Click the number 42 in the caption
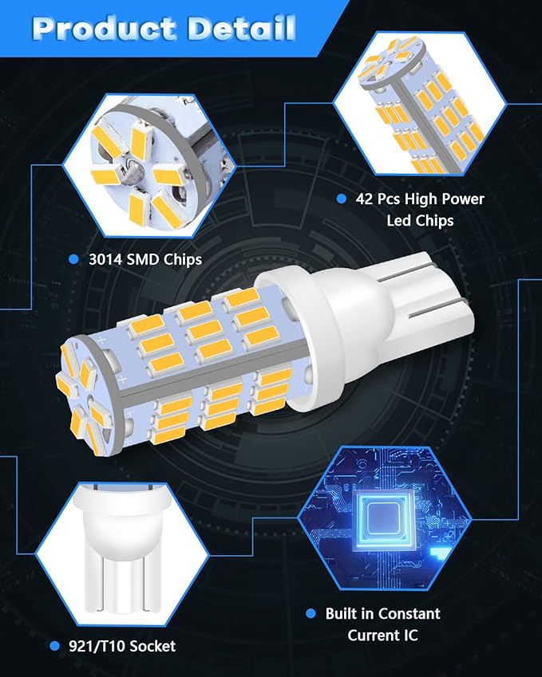[364, 199]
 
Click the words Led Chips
[420, 221]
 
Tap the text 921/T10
[97, 647]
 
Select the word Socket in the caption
[152, 647]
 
